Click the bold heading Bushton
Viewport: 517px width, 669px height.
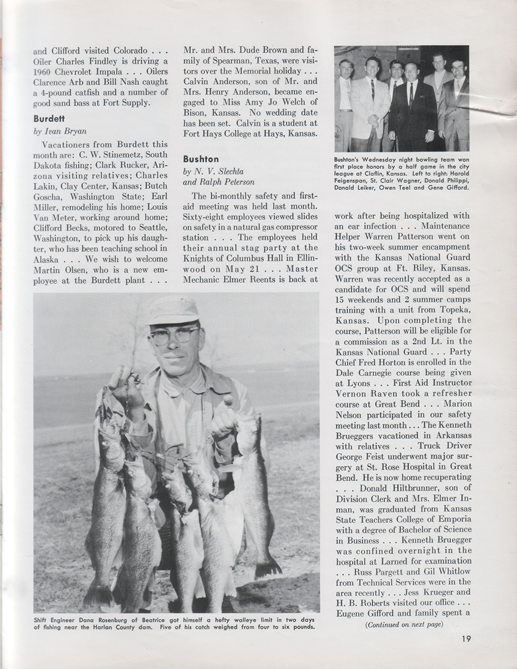point(201,159)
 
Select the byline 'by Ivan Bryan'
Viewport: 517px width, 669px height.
point(59,131)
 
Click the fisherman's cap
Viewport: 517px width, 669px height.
point(173,311)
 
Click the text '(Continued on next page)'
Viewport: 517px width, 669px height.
point(405,624)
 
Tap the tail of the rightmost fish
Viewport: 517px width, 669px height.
point(268,569)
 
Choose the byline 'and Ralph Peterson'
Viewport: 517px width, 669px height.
point(218,182)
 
